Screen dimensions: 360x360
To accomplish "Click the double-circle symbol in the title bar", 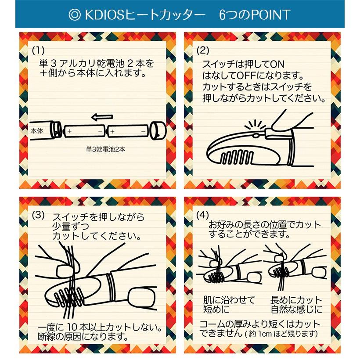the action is point(75,14).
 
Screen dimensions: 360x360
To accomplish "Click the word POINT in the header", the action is point(271,15).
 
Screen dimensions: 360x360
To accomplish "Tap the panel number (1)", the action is point(38,50).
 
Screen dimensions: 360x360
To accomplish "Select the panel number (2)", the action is point(203,50).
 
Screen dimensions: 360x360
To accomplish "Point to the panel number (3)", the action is point(38,215).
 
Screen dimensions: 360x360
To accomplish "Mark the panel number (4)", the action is point(202,215).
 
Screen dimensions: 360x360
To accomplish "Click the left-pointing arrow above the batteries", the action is point(102,117).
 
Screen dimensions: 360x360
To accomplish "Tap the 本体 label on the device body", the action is point(37,131).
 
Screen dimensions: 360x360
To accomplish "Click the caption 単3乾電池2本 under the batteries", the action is point(106,149).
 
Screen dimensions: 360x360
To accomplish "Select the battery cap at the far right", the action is point(158,130).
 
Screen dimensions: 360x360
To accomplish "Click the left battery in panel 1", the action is point(84,131).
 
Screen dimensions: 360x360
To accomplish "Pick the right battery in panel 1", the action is point(128,131).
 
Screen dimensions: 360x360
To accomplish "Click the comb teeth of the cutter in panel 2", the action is point(237,157).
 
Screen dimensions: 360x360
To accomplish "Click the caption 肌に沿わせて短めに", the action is point(229,304).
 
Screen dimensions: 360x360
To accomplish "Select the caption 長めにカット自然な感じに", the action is point(296,304).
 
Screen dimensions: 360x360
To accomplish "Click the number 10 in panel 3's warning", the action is point(73,327).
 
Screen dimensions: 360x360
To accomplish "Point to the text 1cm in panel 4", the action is point(265,333).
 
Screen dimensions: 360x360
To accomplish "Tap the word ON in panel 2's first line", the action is point(277,64).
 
